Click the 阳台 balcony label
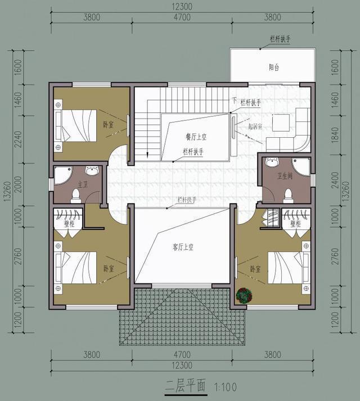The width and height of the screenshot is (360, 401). tap(274, 67)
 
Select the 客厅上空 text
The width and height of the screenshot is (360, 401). tap(183, 246)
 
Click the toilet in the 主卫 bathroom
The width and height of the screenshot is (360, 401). tap(77, 195)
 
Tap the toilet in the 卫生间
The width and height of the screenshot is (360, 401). tap(288, 195)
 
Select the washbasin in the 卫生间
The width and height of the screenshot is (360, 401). tap(272, 164)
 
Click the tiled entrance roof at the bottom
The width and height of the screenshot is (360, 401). tap(183, 317)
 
